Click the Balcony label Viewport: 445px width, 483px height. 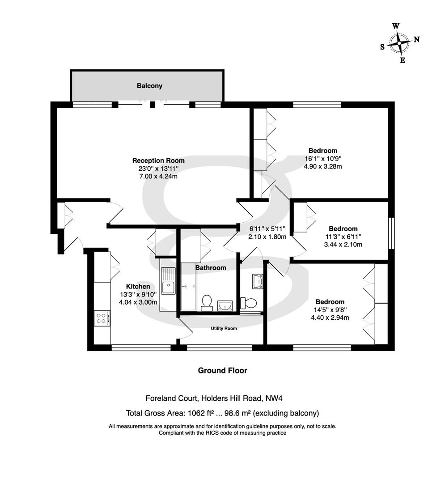pos(149,85)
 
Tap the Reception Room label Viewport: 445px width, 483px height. pos(158,161)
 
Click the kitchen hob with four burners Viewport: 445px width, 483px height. pos(102,318)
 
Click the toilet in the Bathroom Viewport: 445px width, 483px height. pos(207,303)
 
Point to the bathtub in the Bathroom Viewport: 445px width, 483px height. pos(188,287)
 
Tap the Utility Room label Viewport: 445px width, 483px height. pos(224,328)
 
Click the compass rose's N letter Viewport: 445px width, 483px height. pos(416,39)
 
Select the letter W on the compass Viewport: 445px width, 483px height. pos(396,26)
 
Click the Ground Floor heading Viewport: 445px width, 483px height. pos(222,370)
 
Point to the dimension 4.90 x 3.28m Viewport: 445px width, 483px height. pos(323,167)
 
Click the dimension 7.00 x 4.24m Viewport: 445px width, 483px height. pos(158,177)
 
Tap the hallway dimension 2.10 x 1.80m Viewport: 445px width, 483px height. pos(267,237)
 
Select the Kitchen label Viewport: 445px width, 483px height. pos(138,287)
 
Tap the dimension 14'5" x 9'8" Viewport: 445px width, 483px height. pos(330,309)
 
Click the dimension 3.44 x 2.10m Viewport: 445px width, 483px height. pos(343,245)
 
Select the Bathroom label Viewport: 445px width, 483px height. pos(211,268)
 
